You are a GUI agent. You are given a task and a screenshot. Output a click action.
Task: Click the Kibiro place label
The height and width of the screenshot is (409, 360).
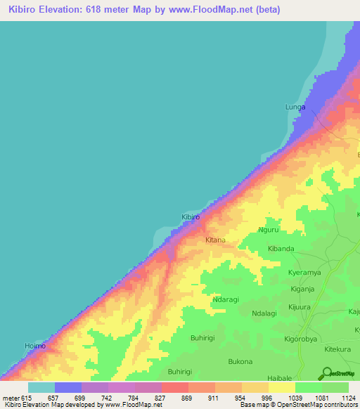(191, 217)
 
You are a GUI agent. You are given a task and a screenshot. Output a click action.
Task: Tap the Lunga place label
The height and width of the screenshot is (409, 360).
(295, 107)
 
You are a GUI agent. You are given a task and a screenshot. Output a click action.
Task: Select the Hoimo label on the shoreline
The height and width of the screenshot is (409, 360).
(34, 346)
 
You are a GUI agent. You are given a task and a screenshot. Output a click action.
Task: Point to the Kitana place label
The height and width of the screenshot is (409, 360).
(215, 240)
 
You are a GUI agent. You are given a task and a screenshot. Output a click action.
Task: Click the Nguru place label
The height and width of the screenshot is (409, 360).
(269, 230)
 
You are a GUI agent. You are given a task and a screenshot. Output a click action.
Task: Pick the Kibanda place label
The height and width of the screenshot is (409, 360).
(281, 249)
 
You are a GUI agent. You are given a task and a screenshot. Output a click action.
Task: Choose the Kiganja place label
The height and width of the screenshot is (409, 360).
(302, 289)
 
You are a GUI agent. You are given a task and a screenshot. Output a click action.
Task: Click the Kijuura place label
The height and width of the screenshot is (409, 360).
(303, 307)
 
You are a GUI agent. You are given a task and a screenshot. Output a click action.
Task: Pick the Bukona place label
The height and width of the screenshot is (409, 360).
(240, 361)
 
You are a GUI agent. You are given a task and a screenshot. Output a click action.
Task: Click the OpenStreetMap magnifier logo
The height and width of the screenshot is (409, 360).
(326, 372)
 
